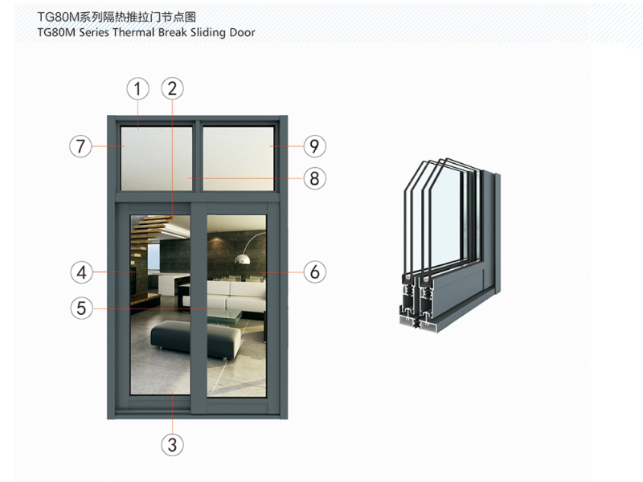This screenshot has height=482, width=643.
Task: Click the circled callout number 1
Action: click(137, 89)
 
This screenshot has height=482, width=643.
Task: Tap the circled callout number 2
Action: click(172, 89)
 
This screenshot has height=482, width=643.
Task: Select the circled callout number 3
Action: click(172, 445)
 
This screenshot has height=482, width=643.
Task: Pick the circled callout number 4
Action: click(82, 272)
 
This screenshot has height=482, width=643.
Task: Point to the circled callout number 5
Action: click(82, 308)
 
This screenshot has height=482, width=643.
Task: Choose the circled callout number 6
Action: click(314, 272)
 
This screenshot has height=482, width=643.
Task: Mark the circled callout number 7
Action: click(80, 146)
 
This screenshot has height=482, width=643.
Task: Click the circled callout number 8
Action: click(314, 178)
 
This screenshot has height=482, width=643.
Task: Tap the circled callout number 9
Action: click(314, 146)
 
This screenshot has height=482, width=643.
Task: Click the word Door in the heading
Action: click(243, 32)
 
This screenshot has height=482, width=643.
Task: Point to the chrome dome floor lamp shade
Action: click(243, 259)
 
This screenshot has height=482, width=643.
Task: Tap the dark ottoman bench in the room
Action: click(196, 338)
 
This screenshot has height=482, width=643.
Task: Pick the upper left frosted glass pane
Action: click(156, 158)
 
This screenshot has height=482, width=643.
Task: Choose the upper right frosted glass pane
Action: click(238, 158)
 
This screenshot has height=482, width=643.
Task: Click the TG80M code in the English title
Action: click(56, 32)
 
